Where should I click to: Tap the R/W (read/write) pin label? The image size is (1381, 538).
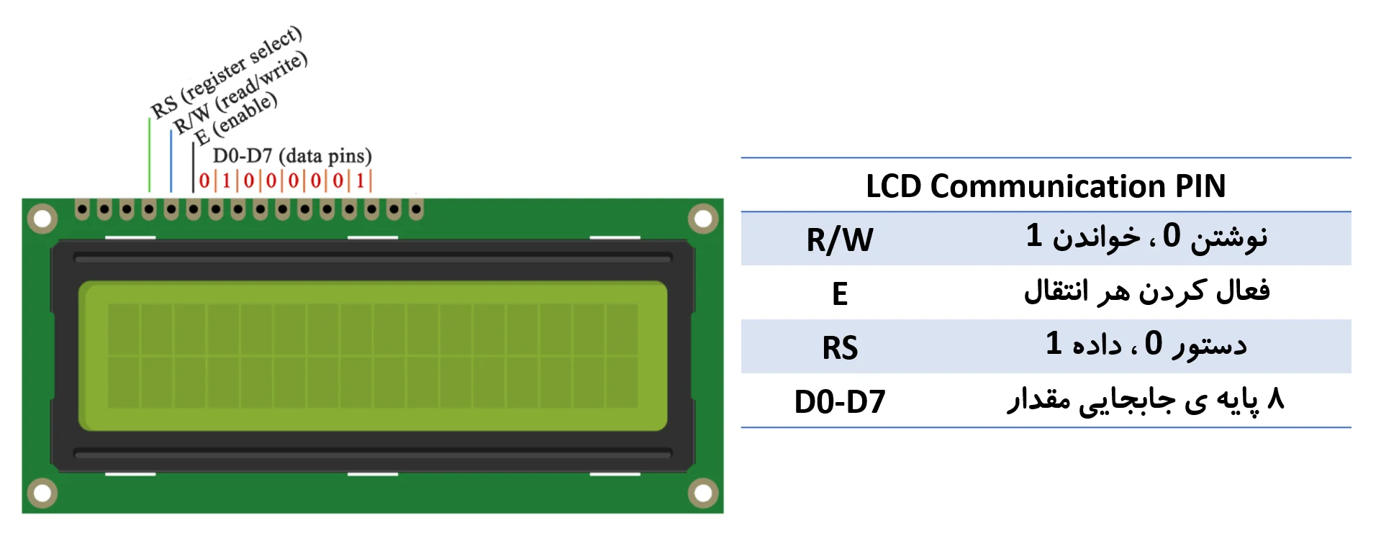240,92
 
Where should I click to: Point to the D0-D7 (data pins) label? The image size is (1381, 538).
292,156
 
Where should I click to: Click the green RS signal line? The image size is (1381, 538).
150,155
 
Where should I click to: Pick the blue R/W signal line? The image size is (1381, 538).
171,161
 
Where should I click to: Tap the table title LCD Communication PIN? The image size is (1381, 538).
1045,186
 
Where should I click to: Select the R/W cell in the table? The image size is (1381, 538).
839,240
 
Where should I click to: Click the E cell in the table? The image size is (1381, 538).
839,293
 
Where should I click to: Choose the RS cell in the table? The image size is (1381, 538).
839,347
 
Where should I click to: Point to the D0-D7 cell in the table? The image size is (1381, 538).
839,401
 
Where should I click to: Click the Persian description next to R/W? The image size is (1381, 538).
1146,237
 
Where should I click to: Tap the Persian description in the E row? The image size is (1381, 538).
1146,291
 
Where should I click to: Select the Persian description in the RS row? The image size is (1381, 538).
1146,345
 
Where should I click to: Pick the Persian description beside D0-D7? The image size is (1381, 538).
1146,400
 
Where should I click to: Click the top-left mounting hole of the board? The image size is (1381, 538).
42,219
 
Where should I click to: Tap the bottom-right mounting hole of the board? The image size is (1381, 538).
703,493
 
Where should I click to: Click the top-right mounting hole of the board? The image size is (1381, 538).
703,219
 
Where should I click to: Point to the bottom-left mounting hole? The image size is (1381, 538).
42,493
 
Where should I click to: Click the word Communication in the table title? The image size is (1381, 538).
1047,186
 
